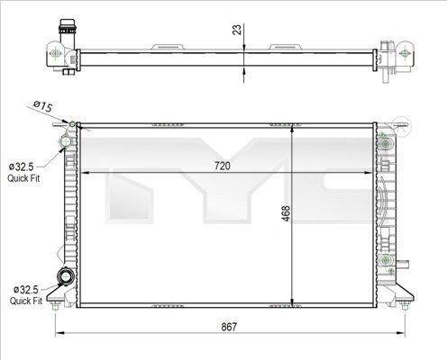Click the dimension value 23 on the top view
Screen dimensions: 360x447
(x=236, y=29)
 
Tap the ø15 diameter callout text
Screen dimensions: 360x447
(x=42, y=107)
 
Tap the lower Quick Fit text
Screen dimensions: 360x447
(x=26, y=301)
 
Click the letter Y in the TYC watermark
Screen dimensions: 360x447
(x=225, y=193)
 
